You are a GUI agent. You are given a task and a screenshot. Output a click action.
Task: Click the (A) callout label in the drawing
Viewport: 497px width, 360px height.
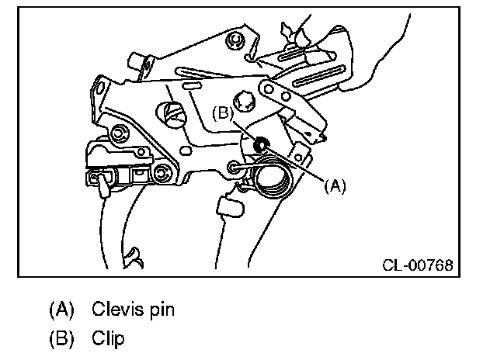coord(335,186)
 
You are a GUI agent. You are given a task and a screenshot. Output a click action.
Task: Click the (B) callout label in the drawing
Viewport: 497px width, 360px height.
coord(223,113)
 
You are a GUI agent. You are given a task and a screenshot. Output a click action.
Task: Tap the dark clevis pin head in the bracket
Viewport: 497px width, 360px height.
coord(262,143)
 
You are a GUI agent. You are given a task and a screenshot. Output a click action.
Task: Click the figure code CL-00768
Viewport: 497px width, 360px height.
coord(417,265)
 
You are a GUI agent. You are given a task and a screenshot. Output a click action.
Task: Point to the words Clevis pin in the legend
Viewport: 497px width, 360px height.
coord(133,310)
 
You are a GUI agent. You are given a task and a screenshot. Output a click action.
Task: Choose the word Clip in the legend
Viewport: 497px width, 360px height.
coord(107,338)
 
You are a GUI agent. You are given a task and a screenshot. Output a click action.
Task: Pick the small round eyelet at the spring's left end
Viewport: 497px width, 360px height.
coord(236,167)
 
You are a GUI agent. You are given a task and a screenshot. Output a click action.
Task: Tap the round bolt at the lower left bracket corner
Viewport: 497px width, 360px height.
coord(162,171)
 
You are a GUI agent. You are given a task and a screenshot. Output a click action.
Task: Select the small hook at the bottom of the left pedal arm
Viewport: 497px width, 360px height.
coord(133,254)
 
